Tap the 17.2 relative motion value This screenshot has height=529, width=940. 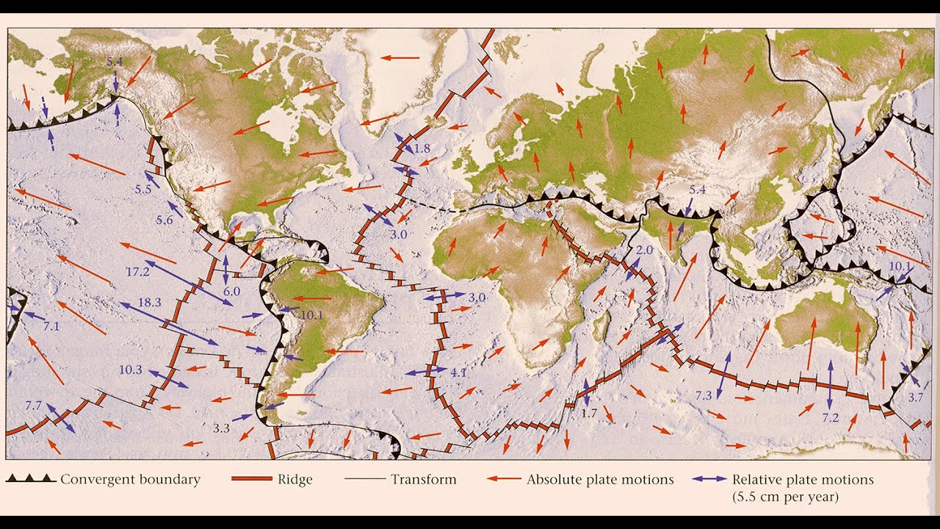(x=137, y=271)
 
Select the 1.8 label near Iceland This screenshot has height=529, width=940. (x=422, y=148)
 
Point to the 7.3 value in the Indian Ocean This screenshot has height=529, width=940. (x=704, y=395)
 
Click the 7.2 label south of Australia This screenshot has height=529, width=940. (x=830, y=417)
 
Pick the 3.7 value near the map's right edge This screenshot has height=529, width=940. (x=915, y=397)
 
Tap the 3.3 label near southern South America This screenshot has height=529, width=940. (x=222, y=427)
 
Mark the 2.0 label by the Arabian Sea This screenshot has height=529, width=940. (x=644, y=251)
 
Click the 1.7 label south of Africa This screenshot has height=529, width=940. (x=589, y=414)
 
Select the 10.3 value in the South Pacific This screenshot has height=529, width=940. (x=130, y=369)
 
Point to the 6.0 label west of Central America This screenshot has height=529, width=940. (x=231, y=291)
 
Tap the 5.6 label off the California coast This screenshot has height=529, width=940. (x=164, y=220)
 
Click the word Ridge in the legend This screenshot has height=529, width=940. (x=296, y=480)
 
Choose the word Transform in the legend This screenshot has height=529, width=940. (x=423, y=480)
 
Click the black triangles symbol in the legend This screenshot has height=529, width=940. (x=30, y=479)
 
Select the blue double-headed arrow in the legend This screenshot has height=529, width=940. (x=709, y=480)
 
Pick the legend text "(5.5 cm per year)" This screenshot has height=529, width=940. (x=785, y=497)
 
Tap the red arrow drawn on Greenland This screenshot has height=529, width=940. (x=400, y=57)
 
